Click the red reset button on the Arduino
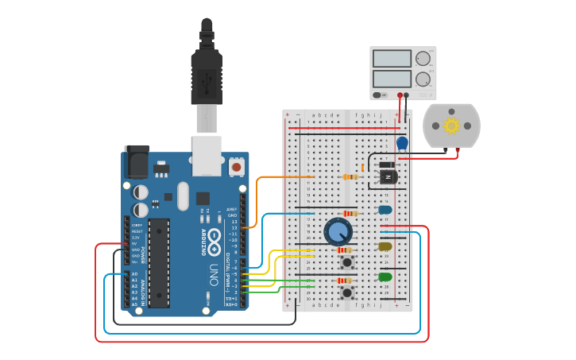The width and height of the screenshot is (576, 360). (x=236, y=168)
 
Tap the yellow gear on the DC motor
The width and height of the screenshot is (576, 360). (x=452, y=126)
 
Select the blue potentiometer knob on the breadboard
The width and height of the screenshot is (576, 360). (x=338, y=232)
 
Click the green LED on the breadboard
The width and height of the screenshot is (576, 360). (x=385, y=277)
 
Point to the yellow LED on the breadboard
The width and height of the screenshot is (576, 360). (x=385, y=246)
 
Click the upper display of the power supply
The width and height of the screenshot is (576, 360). (x=392, y=59)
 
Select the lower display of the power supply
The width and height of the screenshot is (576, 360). (x=392, y=79)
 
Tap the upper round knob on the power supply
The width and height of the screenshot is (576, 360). (x=423, y=58)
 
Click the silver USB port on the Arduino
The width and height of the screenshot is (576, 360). (x=207, y=155)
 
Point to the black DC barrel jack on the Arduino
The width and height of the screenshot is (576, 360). (x=136, y=162)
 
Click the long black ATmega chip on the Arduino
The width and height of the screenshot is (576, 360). (x=159, y=262)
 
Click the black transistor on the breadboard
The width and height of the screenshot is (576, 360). (x=388, y=176)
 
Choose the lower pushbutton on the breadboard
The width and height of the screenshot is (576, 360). (x=347, y=292)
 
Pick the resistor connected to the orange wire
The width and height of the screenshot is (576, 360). (x=350, y=177)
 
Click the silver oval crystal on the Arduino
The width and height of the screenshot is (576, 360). (x=184, y=195)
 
